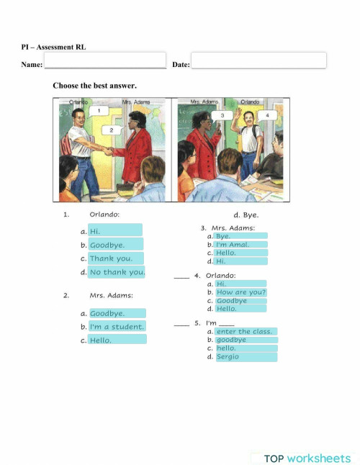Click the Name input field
point(105,60)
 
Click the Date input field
point(258,60)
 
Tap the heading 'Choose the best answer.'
point(94,86)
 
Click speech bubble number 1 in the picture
point(99,111)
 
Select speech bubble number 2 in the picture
point(111,130)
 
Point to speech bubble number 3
point(222,115)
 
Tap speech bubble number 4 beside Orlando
point(267,115)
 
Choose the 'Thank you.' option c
point(115,258)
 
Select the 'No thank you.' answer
point(117,272)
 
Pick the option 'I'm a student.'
point(117,327)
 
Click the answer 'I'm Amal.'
point(240,245)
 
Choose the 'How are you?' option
point(240,292)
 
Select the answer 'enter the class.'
point(246,332)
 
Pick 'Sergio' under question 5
point(246,356)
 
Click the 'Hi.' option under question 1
point(114,231)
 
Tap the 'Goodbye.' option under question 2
point(117,314)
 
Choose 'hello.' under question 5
point(246,348)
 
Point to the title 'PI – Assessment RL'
point(53,48)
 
